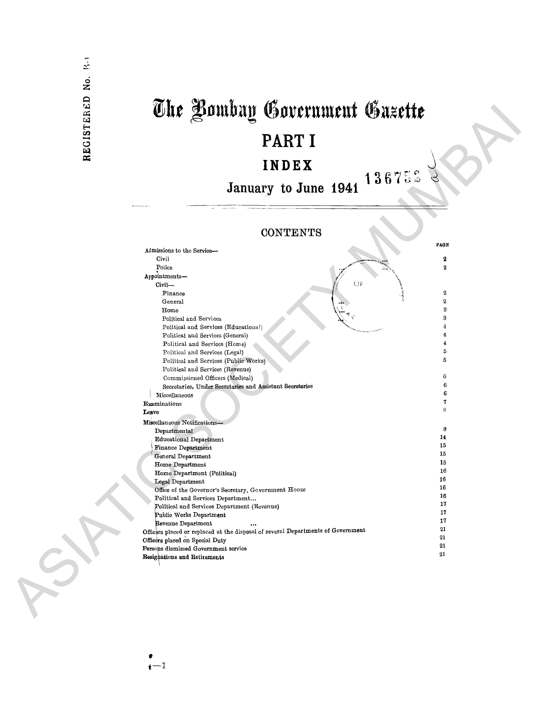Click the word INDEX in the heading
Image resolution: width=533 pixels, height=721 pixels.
point(288,165)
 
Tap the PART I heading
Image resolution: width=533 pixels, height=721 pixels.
point(288,141)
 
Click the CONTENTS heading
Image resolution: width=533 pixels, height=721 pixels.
point(291,233)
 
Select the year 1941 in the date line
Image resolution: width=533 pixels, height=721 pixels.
point(345,188)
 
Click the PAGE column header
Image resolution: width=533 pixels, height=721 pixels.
point(442,245)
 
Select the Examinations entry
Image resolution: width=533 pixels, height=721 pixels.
point(162,404)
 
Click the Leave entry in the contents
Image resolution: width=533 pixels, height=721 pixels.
point(151,412)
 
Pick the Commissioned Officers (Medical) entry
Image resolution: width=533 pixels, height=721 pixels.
point(208,378)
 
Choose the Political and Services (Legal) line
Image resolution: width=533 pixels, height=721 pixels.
point(203,353)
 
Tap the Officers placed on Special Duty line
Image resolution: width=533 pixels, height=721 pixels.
point(184,540)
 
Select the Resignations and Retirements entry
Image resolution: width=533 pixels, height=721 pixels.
point(183,557)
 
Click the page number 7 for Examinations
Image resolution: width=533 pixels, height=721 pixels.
point(445,402)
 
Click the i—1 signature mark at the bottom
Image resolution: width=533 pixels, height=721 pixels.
point(158,666)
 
